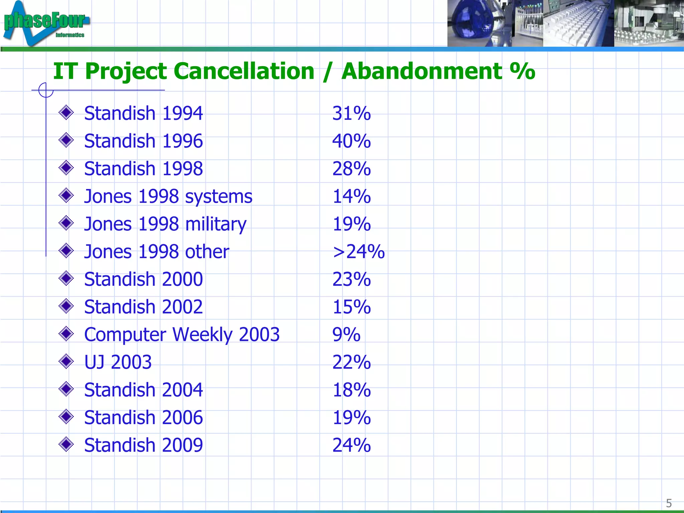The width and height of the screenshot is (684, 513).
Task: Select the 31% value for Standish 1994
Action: point(351,113)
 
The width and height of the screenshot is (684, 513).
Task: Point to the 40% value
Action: point(351,141)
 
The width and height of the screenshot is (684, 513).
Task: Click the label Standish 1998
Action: point(143,169)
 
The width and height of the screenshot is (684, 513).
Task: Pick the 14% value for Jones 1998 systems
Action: point(351,196)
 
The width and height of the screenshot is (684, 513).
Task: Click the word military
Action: point(216,224)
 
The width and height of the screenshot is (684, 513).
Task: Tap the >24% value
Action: point(358,251)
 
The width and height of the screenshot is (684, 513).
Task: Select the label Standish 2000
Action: point(143,279)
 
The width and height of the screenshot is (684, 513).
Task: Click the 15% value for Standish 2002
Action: point(351,307)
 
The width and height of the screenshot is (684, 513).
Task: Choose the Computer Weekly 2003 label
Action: point(182,335)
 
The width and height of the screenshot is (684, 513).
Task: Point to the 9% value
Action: point(346,335)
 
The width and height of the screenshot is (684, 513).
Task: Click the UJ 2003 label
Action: point(118,362)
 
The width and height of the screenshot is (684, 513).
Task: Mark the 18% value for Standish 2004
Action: point(351,390)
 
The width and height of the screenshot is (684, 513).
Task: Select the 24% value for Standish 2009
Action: point(351,445)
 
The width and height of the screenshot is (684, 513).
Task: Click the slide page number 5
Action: point(669,503)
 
